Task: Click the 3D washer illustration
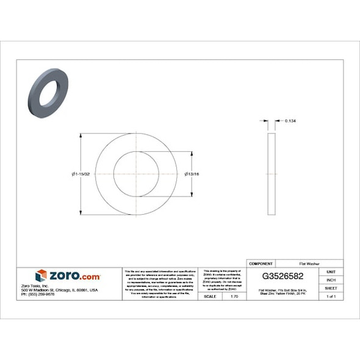pyautogui.click(x=48, y=92)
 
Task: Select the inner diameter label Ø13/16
pyautogui.click(x=192, y=175)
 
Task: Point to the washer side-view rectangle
pyautogui.click(x=272, y=175)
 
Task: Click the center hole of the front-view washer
pyautogui.click(x=136, y=174)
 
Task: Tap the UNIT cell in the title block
pyautogui.click(x=331, y=272)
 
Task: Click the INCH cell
pyautogui.click(x=331, y=279)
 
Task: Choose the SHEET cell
pyautogui.click(x=331, y=287)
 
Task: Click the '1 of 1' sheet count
pyautogui.click(x=331, y=296)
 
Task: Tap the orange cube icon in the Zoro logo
pyautogui.click(x=41, y=275)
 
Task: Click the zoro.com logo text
pyautogui.click(x=74, y=276)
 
